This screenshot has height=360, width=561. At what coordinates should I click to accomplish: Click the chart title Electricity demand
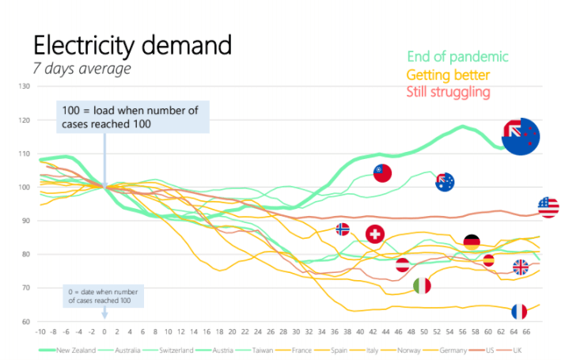click(131, 44)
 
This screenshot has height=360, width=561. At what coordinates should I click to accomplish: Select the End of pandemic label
click(457, 57)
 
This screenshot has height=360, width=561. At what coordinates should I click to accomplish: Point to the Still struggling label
click(448, 92)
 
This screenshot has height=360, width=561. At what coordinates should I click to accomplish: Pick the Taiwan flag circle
click(383, 172)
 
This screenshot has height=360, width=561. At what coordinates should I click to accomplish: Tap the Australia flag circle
click(445, 182)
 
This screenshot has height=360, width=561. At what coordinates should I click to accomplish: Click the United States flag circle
click(548, 207)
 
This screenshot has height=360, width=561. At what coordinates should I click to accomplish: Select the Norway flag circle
click(343, 229)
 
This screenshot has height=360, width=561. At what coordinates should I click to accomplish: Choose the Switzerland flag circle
click(375, 234)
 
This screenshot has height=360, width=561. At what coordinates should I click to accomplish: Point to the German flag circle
click(472, 242)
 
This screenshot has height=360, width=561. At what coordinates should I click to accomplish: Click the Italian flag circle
click(423, 285)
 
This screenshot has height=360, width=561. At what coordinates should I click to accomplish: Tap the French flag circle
click(519, 311)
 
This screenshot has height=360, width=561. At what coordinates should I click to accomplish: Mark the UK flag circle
click(520, 267)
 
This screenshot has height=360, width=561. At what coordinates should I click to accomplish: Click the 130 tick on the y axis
click(25, 86)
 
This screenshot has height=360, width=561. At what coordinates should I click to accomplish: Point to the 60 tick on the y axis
click(25, 322)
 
